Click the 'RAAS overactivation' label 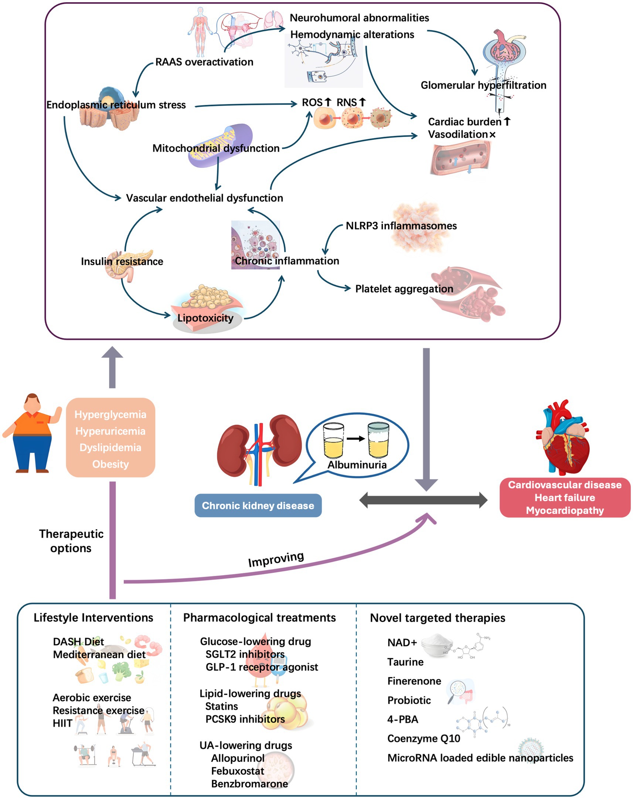[204, 62]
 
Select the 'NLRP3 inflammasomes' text [401, 226]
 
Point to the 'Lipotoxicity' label [205, 318]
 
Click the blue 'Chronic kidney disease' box [258, 505]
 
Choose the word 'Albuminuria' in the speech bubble [357, 464]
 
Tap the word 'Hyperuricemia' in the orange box [110, 431]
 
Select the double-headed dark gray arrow [423, 500]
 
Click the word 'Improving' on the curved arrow [276, 559]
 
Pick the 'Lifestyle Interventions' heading [93, 618]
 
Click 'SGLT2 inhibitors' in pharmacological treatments [245, 654]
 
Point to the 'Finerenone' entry [414, 681]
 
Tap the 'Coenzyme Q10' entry [423, 738]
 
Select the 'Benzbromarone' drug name [249, 784]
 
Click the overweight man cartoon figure [33, 433]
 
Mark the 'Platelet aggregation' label [404, 288]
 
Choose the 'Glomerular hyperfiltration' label [483, 85]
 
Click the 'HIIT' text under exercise [62, 723]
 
